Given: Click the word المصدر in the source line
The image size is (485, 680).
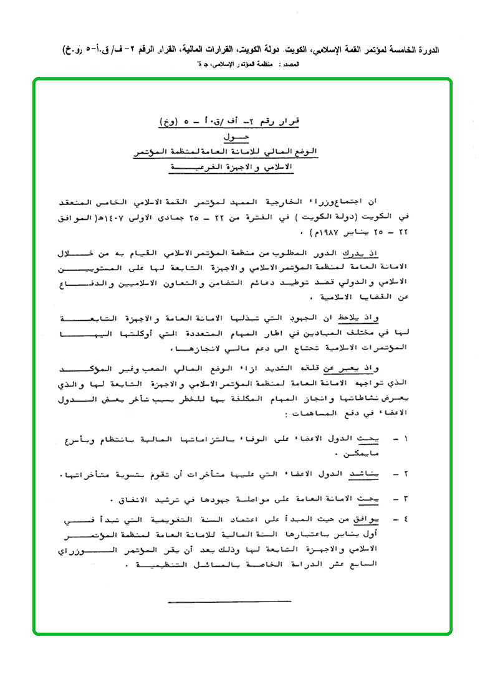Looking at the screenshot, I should point(292,64).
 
